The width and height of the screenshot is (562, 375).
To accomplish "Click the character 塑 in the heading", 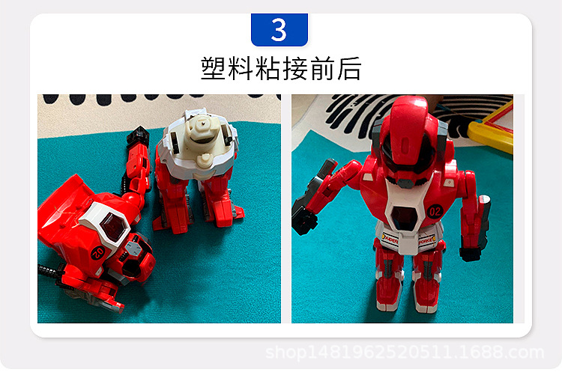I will [x=214, y=68].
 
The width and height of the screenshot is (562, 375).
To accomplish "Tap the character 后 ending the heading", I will [x=348, y=68].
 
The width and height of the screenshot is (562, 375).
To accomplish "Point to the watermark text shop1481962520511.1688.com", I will [x=405, y=353].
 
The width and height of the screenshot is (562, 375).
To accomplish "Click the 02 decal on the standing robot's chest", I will [x=435, y=210].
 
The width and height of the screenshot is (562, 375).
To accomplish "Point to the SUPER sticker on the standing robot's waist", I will [x=391, y=240].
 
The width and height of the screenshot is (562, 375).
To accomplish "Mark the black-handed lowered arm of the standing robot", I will [x=474, y=225].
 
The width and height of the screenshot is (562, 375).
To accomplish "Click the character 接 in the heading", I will [x=294, y=68].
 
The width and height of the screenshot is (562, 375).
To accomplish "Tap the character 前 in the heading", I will [x=321, y=68].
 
